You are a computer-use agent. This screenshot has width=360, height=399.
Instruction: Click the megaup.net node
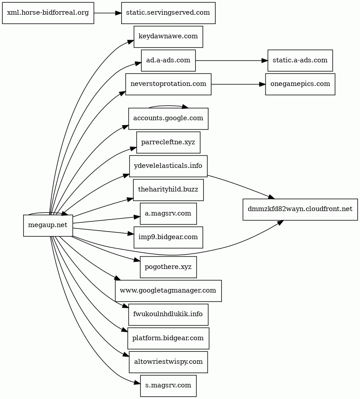pyautogui.click(x=48, y=225)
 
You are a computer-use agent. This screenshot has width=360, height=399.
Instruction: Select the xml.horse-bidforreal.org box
pyautogui.click(x=48, y=13)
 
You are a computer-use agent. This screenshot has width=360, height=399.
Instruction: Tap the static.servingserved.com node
pyautogui.click(x=168, y=13)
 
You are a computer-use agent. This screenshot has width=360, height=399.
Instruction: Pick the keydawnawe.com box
pyautogui.click(x=168, y=37)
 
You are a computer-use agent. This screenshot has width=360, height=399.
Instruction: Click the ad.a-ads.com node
pyautogui.click(x=168, y=61)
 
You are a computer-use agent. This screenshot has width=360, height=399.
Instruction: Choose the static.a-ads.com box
pyautogui.click(x=300, y=61)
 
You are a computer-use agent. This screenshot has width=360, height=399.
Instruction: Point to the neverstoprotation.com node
pyautogui.click(x=168, y=84)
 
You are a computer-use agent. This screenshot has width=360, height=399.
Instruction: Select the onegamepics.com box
pyautogui.click(x=300, y=84)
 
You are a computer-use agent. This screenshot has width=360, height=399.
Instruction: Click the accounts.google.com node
pyautogui.click(x=168, y=118)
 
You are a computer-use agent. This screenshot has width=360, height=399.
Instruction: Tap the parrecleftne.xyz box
pyautogui.click(x=168, y=142)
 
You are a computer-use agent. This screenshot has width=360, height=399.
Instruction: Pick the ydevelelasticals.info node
pyautogui.click(x=168, y=166)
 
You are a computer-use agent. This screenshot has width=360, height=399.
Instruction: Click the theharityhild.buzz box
pyautogui.click(x=168, y=190)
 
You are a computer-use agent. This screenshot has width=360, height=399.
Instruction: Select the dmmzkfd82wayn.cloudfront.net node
pyautogui.click(x=300, y=210)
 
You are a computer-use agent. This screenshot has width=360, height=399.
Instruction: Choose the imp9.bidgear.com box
pyautogui.click(x=168, y=237)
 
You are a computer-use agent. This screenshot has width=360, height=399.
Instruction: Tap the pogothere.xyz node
pyautogui.click(x=168, y=267)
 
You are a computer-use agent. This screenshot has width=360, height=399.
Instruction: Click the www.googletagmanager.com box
pyautogui.click(x=168, y=291)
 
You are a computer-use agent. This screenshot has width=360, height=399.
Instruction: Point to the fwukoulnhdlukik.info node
pyautogui.click(x=168, y=314)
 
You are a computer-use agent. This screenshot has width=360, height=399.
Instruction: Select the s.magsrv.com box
pyautogui.click(x=168, y=386)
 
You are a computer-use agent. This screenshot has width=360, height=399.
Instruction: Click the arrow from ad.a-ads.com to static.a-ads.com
pyautogui.click(x=232, y=61)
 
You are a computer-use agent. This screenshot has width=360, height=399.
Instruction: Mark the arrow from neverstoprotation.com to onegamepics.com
pyautogui.click(x=238, y=84)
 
